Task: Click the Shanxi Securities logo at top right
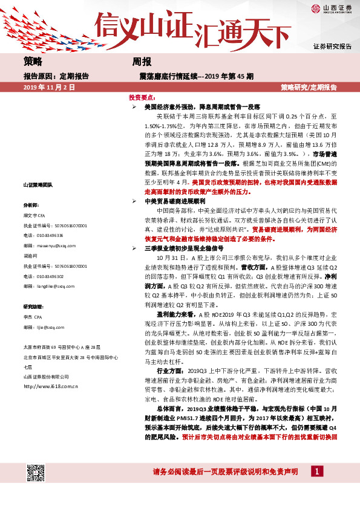(331, 8)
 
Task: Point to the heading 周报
(142, 61)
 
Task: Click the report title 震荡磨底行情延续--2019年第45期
(196, 76)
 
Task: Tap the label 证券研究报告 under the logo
(332, 47)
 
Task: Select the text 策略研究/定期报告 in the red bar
(309, 88)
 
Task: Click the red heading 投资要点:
(143, 97)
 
